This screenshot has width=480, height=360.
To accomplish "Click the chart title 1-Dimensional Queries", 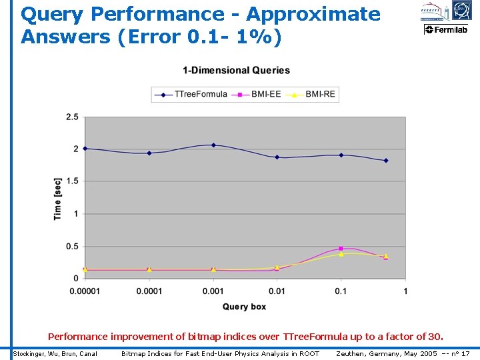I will coord(237,70).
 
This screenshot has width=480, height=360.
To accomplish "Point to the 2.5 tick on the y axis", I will coord(72,117).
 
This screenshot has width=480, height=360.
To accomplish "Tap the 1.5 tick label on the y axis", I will coord(72,181).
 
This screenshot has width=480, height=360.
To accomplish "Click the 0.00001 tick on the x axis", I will coord(85,291).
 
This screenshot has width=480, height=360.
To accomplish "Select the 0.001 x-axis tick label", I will coord(213,291).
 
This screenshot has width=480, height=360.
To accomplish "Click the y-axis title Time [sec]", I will coord(58,199).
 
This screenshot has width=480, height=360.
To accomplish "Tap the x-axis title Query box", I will coord(244,307).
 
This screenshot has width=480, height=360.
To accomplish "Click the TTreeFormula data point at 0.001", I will coord(213,145).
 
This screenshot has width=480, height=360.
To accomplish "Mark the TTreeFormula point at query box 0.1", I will coord(341,155).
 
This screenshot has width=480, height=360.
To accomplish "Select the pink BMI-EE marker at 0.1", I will coord(341,248).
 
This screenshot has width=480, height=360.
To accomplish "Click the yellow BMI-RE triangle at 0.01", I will coord(277,267).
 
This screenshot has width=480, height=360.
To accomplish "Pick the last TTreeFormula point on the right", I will coord(386,161).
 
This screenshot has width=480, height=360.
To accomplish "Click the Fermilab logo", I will coord(447,30).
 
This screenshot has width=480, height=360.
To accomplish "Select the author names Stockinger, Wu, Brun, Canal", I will coord(55,353).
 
